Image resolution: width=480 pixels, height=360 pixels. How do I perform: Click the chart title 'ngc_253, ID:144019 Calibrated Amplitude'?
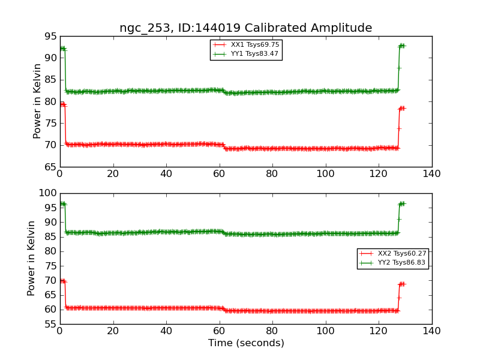245,28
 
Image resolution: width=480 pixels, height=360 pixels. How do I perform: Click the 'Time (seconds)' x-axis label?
246,343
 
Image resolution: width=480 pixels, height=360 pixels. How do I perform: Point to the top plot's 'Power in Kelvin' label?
37,101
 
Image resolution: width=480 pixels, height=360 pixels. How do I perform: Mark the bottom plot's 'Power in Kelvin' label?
31,258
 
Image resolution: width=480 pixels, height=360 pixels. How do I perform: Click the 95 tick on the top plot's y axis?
50,37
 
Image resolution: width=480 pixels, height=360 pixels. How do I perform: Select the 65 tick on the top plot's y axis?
50,167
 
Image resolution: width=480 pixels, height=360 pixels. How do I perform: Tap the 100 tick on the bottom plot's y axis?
47,193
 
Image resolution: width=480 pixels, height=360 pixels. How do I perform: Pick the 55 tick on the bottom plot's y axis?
50,324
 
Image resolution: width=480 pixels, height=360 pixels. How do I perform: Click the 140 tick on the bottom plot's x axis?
431,331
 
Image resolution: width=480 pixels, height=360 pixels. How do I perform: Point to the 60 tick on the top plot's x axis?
219,173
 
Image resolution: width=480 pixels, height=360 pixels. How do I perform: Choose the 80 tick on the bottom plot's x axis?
272,331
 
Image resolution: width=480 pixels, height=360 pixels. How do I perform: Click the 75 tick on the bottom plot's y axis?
50,266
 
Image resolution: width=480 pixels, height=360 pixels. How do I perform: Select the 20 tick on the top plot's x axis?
113,173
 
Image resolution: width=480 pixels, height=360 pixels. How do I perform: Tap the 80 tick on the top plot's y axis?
50,101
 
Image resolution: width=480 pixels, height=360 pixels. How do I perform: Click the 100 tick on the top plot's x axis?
325,173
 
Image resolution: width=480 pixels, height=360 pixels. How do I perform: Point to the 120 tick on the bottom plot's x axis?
379,331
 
